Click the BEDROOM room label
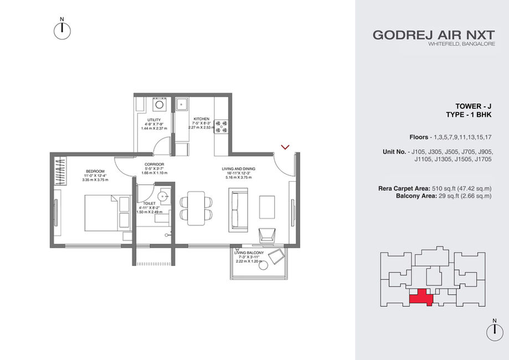[x=95, y=171]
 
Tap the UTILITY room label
[x=154, y=120]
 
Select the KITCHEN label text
[x=201, y=119]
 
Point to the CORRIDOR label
[x=154, y=164]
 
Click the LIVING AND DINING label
[x=239, y=169]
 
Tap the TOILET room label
[x=150, y=203]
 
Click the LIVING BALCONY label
[x=249, y=253]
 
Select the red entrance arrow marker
[x=285, y=147]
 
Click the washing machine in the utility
[x=159, y=105]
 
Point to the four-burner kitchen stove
[x=222, y=127]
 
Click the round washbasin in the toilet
[x=163, y=197]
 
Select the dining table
[x=196, y=208]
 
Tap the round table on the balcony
[x=263, y=265]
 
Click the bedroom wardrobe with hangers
[x=60, y=171]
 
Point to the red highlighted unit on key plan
[x=421, y=297]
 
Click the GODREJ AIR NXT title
[x=434, y=35]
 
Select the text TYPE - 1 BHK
[x=469, y=115]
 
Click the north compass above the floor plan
[x=62, y=31]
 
